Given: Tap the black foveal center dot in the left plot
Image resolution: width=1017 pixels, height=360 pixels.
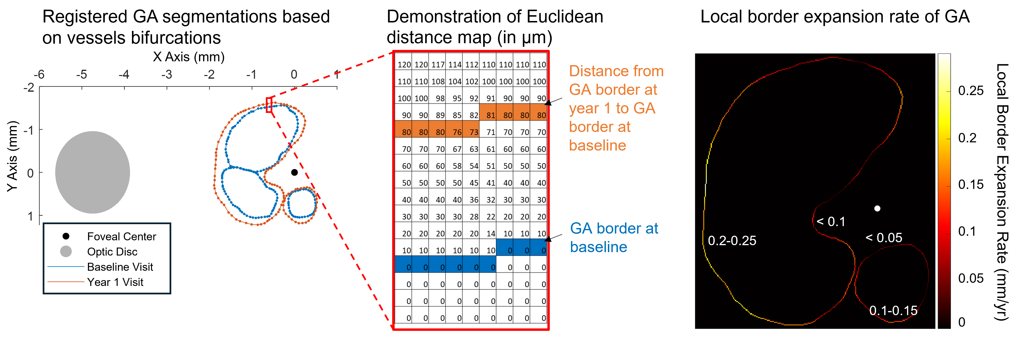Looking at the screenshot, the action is pyautogui.click(x=294, y=173).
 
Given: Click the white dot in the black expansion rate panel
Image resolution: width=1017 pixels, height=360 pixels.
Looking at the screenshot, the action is pyautogui.click(x=877, y=208).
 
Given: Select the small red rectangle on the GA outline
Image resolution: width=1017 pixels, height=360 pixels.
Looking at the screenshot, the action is pyautogui.click(x=269, y=105).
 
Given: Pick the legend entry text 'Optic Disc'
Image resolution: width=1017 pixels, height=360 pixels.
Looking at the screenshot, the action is pyautogui.click(x=112, y=252).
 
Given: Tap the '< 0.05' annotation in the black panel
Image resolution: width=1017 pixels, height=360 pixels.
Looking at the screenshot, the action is pyautogui.click(x=884, y=238).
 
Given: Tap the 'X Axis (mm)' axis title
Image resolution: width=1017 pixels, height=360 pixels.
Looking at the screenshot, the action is pyautogui.click(x=189, y=57).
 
